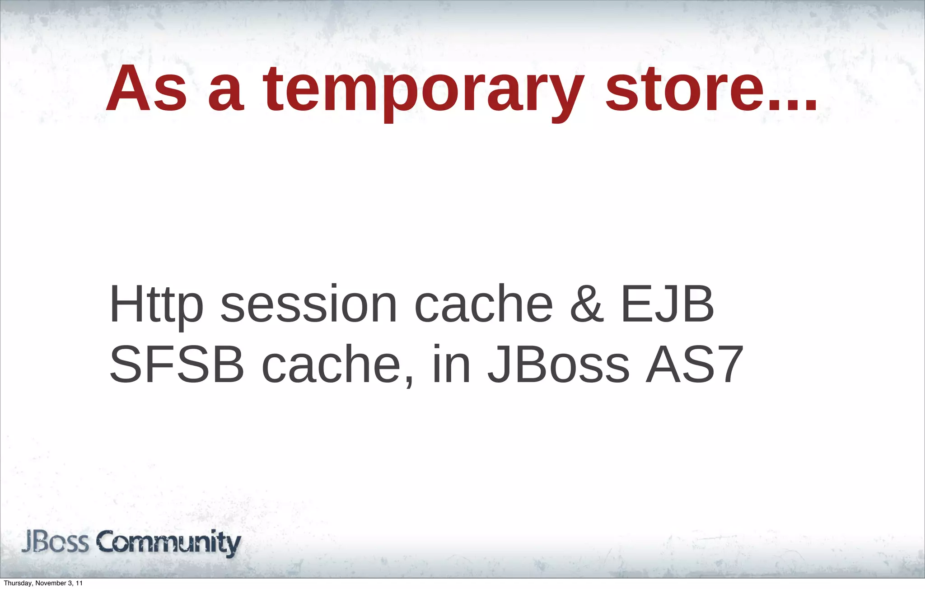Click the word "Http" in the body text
pos(156,305)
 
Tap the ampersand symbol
pos(587,305)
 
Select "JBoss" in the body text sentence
pos(558,365)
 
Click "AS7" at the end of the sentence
pos(695,365)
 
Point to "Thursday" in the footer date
pos(18,584)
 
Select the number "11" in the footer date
pos(79,584)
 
